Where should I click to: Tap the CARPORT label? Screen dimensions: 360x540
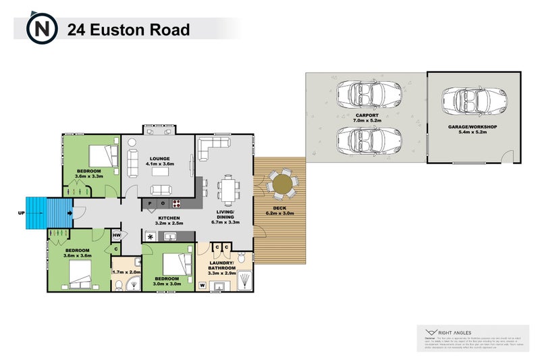(367, 115)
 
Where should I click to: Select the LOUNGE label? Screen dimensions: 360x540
(161, 156)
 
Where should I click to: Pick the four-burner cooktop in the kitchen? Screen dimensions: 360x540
(177, 203)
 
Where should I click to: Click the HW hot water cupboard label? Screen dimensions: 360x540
(117, 235)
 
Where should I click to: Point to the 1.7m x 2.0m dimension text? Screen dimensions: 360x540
(126, 272)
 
